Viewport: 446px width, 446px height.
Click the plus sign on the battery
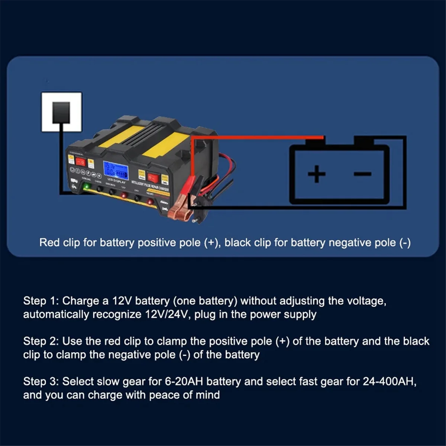point(317,174)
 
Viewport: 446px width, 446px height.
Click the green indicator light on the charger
point(87,186)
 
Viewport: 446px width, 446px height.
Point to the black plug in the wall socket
point(61,112)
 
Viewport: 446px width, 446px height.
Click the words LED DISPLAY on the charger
point(116,181)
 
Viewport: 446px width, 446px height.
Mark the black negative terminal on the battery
point(364,140)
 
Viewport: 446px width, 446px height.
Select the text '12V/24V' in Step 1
point(167,314)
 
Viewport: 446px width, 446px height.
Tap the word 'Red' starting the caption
point(50,243)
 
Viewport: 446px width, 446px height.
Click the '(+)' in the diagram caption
point(211,243)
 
